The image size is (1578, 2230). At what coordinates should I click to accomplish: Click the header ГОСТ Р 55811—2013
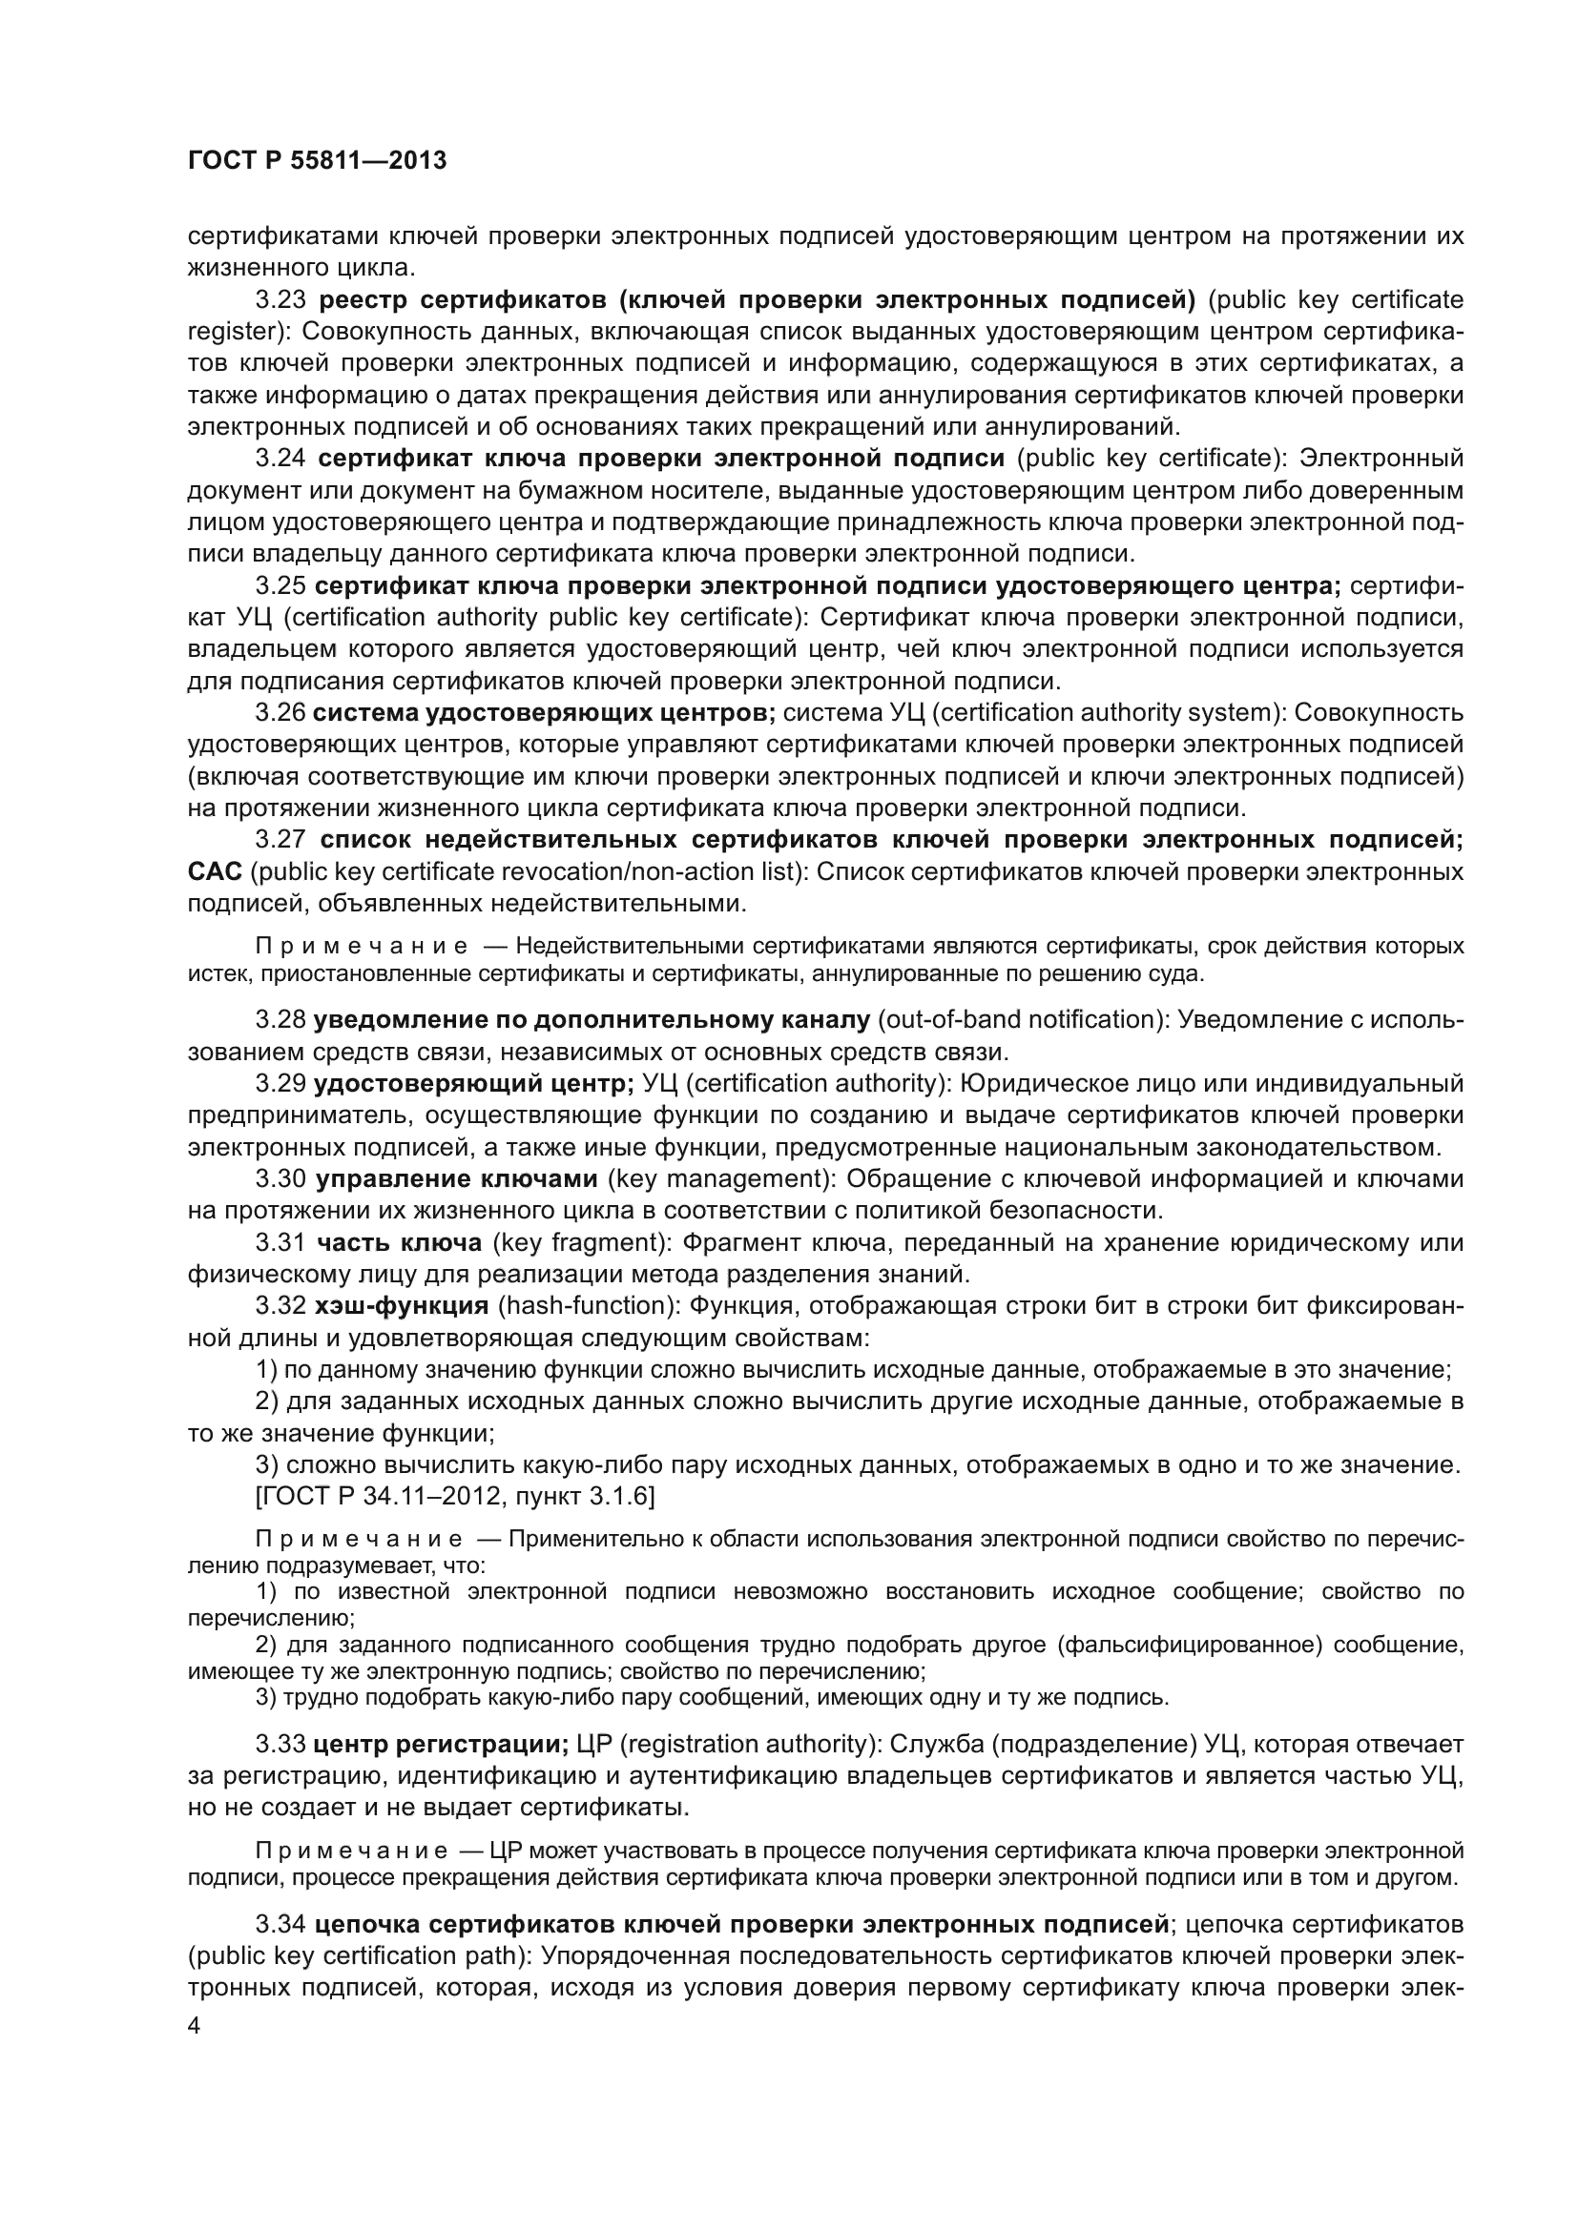point(317,160)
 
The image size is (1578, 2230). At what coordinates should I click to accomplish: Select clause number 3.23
point(280,299)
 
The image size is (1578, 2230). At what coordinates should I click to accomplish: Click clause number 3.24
point(280,459)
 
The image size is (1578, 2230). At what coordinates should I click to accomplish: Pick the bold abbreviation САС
point(214,872)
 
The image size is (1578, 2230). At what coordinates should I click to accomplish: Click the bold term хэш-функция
point(403,1305)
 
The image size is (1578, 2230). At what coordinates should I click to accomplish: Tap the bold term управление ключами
point(457,1179)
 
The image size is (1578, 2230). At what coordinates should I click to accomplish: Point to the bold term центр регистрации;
point(441,1745)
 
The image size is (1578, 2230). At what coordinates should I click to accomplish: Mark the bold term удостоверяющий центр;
point(474,1083)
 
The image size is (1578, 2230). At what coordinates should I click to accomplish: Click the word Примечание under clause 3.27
point(361,946)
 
